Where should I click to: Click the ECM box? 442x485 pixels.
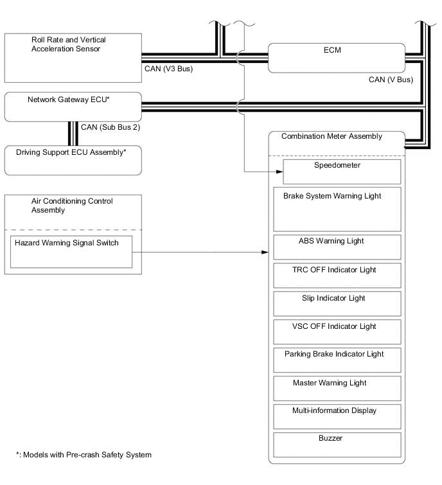[336, 58]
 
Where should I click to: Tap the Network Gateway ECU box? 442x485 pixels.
[73, 107]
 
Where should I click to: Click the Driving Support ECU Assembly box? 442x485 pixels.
[73, 160]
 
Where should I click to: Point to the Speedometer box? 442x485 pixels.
[342, 172]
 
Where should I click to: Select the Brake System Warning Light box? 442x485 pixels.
[337, 209]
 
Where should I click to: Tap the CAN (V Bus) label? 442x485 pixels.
[391, 80]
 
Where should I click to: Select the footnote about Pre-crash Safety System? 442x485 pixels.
[84, 455]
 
